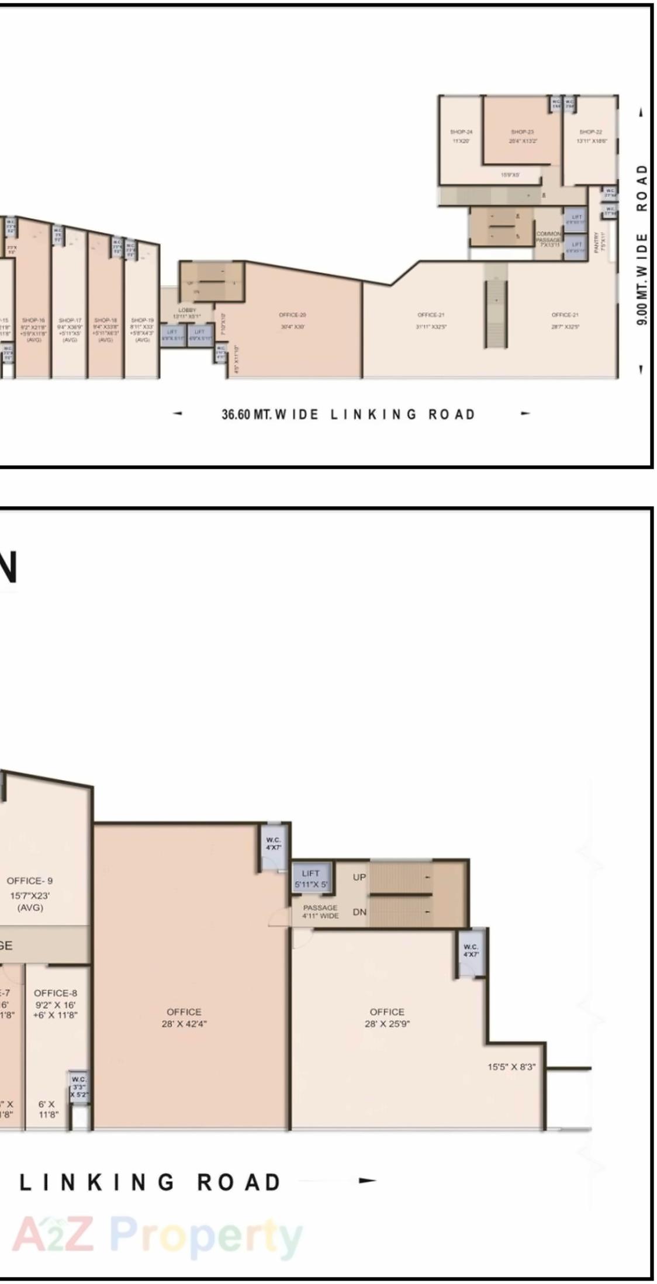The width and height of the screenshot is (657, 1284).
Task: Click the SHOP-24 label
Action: pyautogui.click(x=461, y=132)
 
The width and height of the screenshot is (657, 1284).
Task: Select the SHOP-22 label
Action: pyautogui.click(x=590, y=132)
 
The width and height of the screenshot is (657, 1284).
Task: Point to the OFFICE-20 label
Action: pyautogui.click(x=292, y=315)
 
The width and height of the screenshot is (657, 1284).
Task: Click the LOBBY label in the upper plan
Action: pyautogui.click(x=187, y=310)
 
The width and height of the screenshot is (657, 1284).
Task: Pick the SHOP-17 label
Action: pyautogui.click(x=70, y=320)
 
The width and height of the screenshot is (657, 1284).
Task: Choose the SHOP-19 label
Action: pyautogui.click(x=142, y=320)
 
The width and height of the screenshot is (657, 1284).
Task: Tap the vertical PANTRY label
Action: pyautogui.click(x=596, y=241)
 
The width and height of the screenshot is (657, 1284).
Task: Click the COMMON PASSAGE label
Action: pyautogui.click(x=548, y=237)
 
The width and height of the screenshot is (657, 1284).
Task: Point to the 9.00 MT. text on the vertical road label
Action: pyautogui.click(x=642, y=306)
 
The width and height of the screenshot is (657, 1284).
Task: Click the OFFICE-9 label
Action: pyautogui.click(x=30, y=881)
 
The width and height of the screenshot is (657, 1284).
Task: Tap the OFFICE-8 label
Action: pyautogui.click(x=56, y=993)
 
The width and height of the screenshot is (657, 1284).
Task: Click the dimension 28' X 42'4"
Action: pyautogui.click(x=184, y=1023)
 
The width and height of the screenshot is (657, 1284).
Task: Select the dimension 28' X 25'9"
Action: pyautogui.click(x=387, y=1023)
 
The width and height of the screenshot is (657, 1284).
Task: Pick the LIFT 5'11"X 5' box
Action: pyautogui.click(x=311, y=878)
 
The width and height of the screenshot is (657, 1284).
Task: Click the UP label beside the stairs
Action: pyautogui.click(x=359, y=877)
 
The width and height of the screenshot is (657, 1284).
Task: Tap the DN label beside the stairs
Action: pyautogui.click(x=359, y=912)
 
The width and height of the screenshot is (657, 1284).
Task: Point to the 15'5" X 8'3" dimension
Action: pyautogui.click(x=511, y=1067)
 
